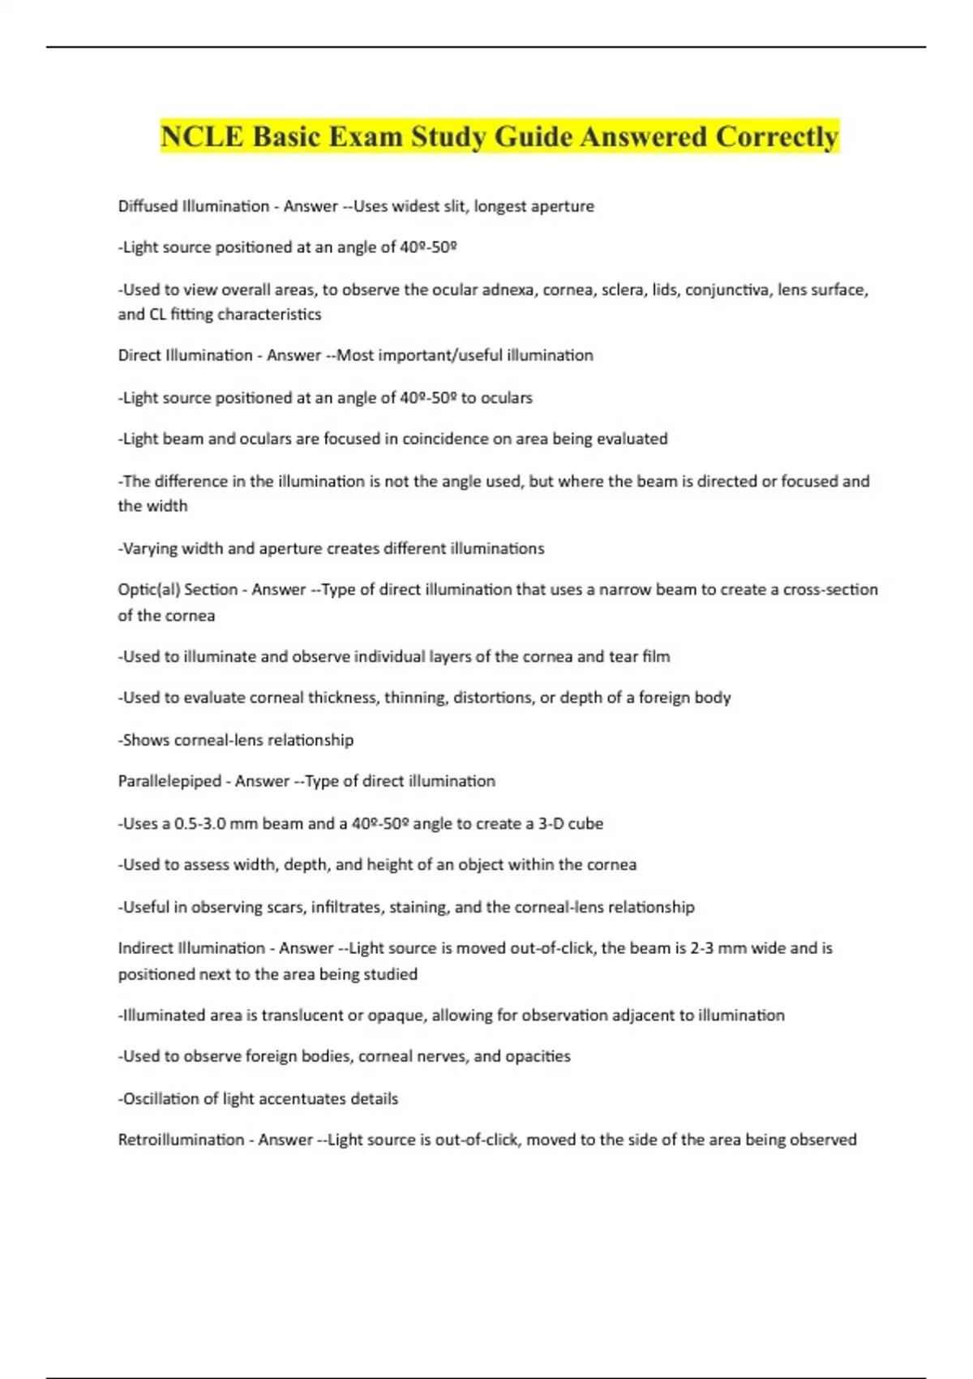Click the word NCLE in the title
coord(202,136)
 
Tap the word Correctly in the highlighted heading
coord(776,136)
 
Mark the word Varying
coord(148,548)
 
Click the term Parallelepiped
coord(169,781)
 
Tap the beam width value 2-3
coord(701,948)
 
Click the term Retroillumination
coord(181,1140)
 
